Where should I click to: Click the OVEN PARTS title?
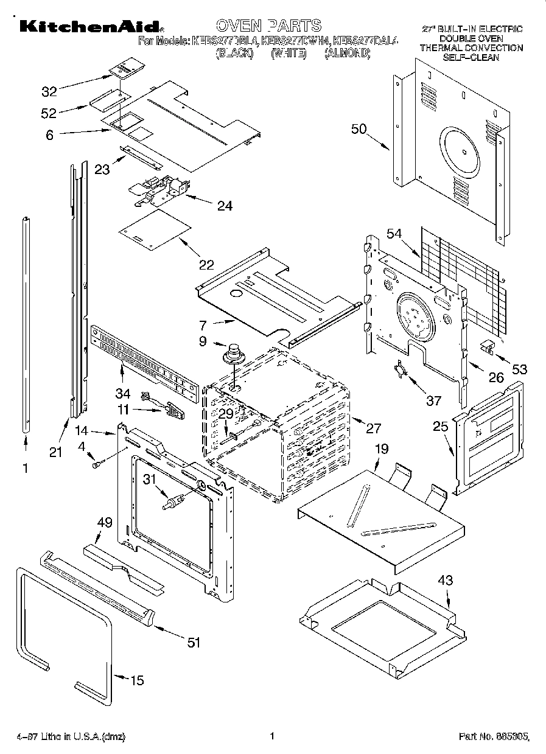coord(268,26)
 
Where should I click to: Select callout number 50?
coord(360,128)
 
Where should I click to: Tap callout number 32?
coord(49,92)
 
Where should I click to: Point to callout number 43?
coord(445,581)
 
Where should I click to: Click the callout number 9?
coord(203,342)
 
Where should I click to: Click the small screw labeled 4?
coord(96,465)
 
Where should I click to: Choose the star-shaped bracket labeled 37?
coord(399,370)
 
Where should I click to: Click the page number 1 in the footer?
coord(273,736)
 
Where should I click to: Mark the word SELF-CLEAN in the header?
coord(471,57)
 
